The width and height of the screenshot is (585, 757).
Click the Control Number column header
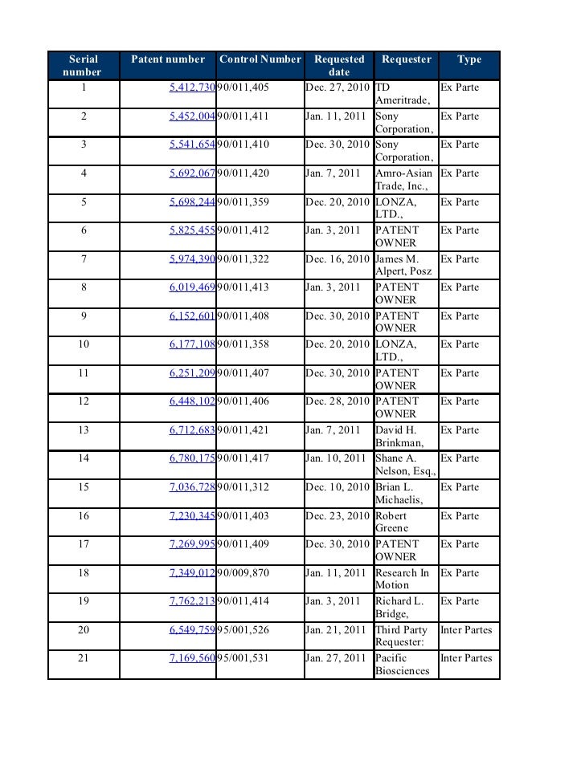260,59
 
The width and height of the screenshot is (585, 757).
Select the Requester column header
406,59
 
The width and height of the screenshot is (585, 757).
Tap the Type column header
469,59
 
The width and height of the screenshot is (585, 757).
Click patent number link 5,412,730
192,88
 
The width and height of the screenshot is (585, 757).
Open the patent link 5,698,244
192,202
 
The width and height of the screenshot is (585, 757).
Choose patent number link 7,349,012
192,573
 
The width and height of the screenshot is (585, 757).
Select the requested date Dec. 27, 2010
338,88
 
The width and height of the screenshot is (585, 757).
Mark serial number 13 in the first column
84,430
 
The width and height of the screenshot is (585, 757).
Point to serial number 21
84,659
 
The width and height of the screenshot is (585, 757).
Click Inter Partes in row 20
466,630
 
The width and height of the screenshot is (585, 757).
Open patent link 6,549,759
192,630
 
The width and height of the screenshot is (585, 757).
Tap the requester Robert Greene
392,522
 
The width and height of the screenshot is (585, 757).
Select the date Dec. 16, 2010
338,259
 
